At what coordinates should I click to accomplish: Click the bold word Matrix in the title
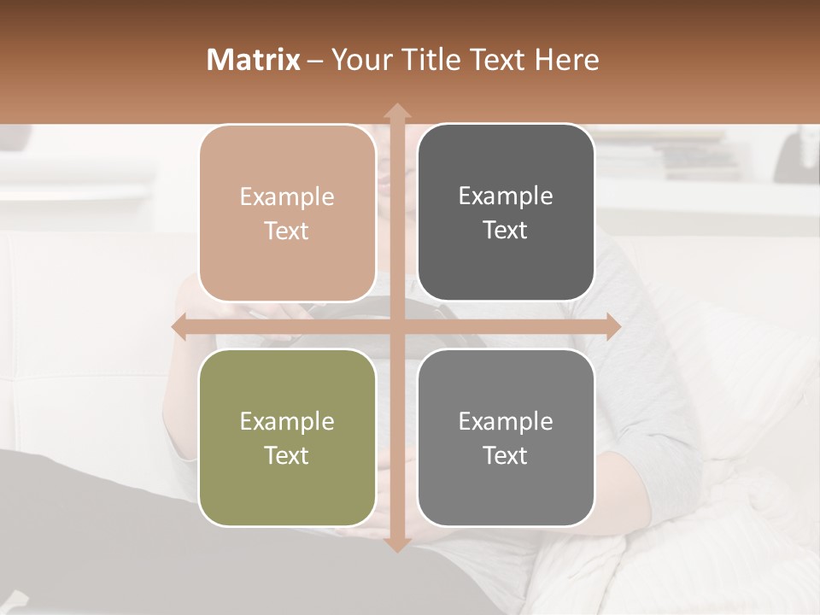click(254, 60)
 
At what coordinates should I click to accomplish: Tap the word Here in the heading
click(567, 60)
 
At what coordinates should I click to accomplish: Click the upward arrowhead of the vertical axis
click(396, 111)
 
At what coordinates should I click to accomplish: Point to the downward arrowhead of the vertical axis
click(396, 544)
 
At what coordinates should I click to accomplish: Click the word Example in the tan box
click(287, 197)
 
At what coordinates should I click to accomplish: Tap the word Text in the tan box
click(287, 231)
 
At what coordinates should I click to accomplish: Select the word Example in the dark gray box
click(506, 196)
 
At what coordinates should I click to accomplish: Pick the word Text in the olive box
click(287, 455)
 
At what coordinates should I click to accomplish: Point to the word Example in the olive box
click(287, 422)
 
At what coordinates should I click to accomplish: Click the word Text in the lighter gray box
click(506, 455)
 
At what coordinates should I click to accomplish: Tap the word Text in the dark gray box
click(506, 230)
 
